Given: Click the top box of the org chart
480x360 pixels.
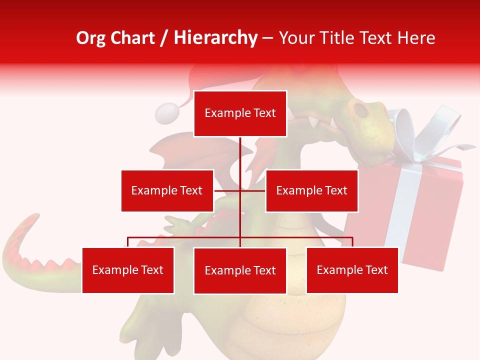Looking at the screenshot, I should (x=240, y=113).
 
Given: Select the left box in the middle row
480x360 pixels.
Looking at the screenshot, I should (x=167, y=190).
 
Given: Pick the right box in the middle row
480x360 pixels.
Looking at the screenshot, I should (x=311, y=190).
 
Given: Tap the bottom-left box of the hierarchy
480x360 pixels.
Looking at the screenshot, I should (x=128, y=270).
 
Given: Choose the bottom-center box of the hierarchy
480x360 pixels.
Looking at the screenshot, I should (x=240, y=270).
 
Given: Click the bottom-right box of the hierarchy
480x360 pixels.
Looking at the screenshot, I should (x=352, y=270).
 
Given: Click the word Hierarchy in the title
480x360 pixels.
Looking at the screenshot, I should (x=215, y=38).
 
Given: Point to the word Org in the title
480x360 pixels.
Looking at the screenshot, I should (x=91, y=38).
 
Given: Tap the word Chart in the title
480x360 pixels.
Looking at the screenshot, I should (x=131, y=38).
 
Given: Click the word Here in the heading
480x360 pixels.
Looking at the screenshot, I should (x=415, y=38).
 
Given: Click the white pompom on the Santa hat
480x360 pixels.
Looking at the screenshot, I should (x=166, y=113).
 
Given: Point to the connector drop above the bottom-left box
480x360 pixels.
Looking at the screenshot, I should (x=128, y=242).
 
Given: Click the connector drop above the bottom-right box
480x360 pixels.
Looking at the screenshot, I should (x=352, y=242).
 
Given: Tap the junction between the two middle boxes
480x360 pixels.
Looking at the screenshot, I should (x=240, y=190).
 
